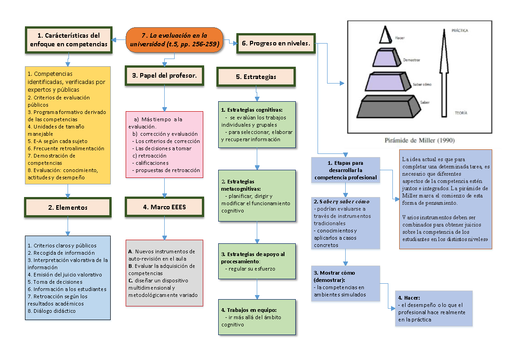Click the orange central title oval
(x=175, y=40)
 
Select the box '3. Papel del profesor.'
(x=164, y=75)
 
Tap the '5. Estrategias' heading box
(x=256, y=77)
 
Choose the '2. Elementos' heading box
(x=68, y=207)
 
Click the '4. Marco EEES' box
(x=164, y=207)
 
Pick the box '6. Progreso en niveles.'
(x=276, y=44)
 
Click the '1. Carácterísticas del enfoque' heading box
(x=69, y=40)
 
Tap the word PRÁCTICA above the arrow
(x=459, y=31)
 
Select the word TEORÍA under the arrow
(x=460, y=113)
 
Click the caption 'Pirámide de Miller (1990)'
(x=420, y=140)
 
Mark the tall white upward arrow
(x=444, y=73)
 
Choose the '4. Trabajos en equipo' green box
(x=257, y=317)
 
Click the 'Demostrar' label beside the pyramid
(x=411, y=60)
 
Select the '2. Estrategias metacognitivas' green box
(x=257, y=196)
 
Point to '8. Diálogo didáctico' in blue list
(x=52, y=311)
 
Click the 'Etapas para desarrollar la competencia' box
(x=345, y=170)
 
